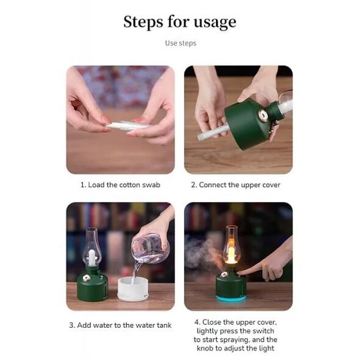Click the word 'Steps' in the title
[x=143, y=22]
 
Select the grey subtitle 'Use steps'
[x=181, y=43]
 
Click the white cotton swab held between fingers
[x=128, y=126]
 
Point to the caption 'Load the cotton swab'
[x=124, y=185]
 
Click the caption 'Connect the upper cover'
[x=239, y=185]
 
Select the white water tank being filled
[x=132, y=289]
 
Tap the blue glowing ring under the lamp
[x=231, y=299]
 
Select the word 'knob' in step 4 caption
[x=205, y=348]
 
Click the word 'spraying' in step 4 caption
[x=232, y=340]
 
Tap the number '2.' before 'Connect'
[x=194, y=185]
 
